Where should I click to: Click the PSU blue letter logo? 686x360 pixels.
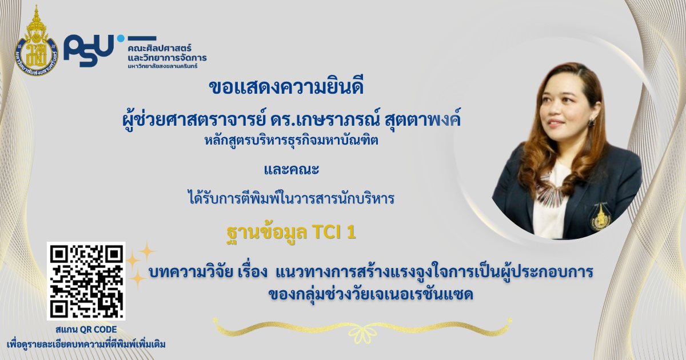(89, 50)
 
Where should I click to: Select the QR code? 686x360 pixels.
(86, 281)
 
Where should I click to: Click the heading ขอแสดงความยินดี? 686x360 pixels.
(286, 87)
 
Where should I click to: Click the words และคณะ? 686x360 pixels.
(291, 169)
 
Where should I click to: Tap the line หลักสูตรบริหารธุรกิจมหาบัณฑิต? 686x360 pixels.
(291, 141)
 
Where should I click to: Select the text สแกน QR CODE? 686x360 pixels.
(86, 330)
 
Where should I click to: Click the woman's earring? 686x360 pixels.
(591, 123)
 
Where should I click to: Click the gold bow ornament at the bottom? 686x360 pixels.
(363, 331)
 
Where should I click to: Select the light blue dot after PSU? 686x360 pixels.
(121, 39)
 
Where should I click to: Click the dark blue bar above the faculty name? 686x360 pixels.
(142, 38)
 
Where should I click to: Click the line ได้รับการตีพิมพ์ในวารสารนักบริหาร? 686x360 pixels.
(290, 199)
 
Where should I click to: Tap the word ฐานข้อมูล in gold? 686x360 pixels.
(266, 233)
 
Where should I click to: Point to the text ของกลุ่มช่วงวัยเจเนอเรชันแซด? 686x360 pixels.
(371, 294)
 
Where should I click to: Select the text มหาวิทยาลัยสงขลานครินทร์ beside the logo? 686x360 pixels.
(162, 66)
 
